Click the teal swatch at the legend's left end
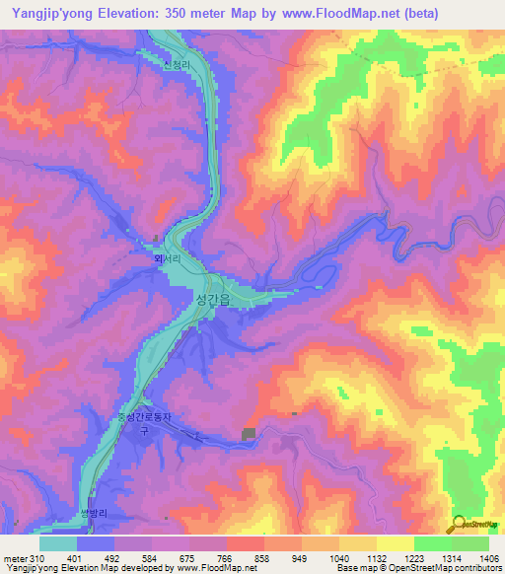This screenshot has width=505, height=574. click(x=57, y=543)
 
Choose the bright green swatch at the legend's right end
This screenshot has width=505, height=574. click(x=469, y=543)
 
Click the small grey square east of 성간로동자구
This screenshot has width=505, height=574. click(x=247, y=434)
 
